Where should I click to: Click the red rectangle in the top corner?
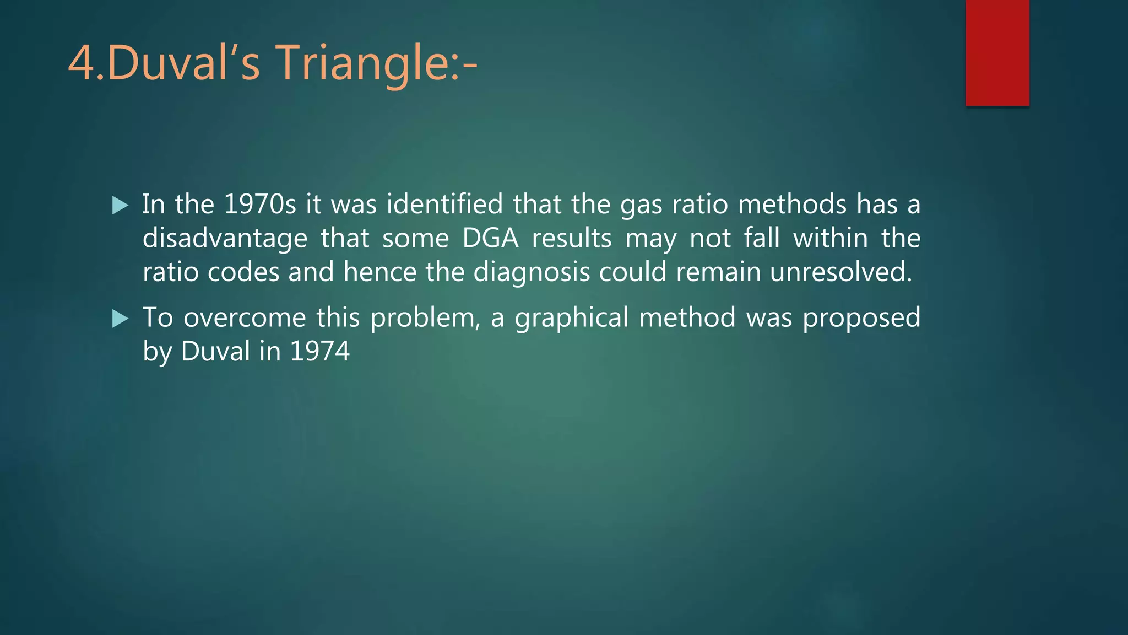tap(997, 52)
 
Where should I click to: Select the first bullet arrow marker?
tap(120, 206)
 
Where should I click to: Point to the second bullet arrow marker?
tap(120, 319)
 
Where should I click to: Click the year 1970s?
tap(260, 205)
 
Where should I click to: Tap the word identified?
tap(444, 205)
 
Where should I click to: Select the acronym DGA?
tap(490, 239)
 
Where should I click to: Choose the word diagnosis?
tap(532, 272)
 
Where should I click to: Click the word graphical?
tap(572, 318)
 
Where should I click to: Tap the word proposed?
tap(861, 318)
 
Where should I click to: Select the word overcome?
tap(245, 318)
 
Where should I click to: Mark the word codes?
tap(243, 272)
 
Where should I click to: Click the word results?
tap(572, 239)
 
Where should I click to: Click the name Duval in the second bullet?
tap(215, 351)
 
